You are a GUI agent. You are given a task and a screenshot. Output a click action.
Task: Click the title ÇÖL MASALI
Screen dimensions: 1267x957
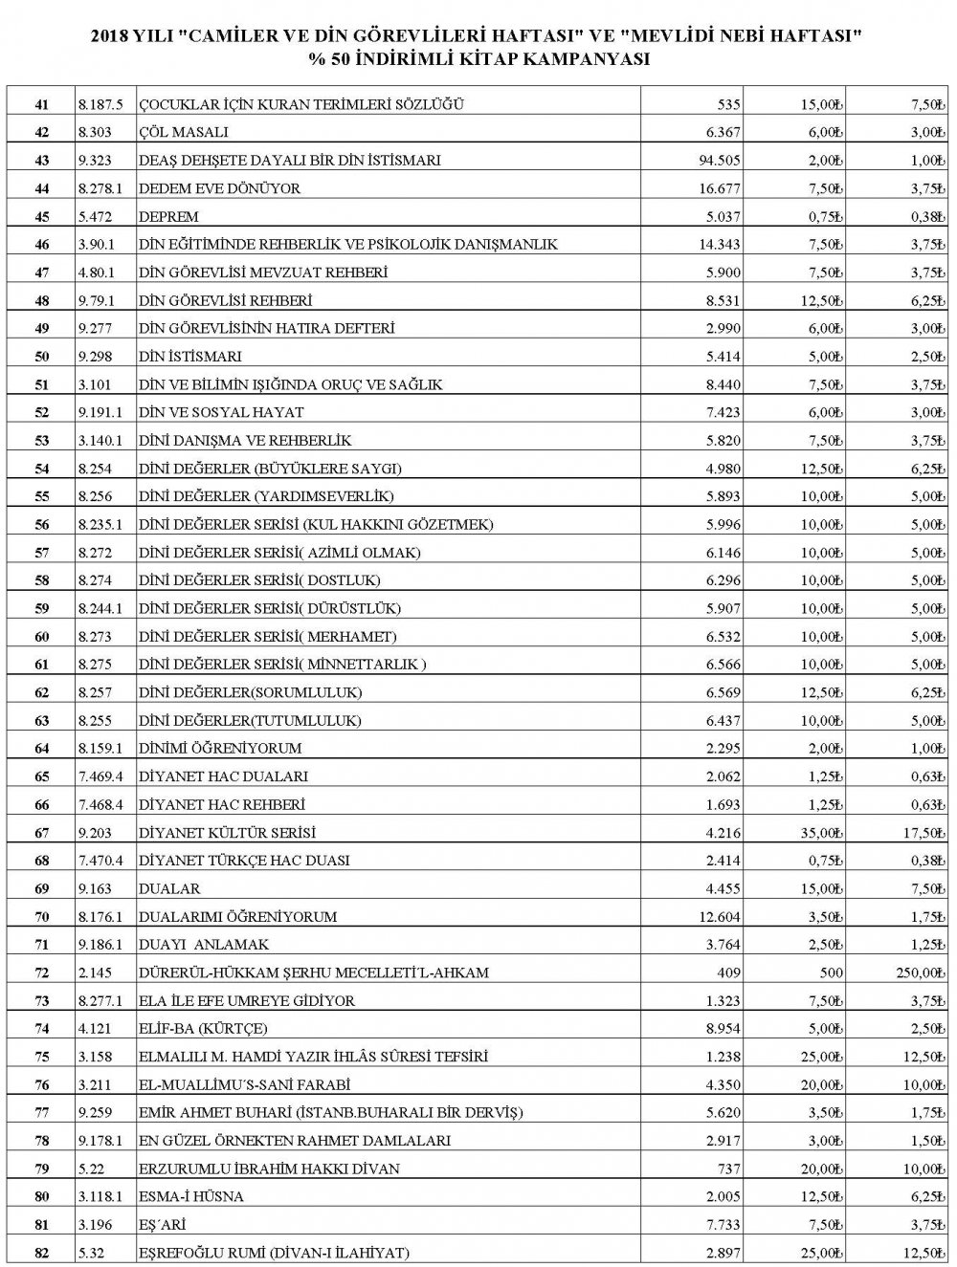pyautogui.click(x=184, y=132)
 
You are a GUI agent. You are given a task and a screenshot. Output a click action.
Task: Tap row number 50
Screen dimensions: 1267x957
pyautogui.click(x=41, y=356)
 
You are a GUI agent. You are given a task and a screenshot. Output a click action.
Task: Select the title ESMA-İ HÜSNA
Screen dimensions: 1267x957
pyautogui.click(x=191, y=1196)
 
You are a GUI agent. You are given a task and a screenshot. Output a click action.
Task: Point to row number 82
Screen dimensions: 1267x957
pyautogui.click(x=41, y=1253)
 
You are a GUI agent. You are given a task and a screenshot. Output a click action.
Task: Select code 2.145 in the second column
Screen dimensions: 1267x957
pyautogui.click(x=94, y=972)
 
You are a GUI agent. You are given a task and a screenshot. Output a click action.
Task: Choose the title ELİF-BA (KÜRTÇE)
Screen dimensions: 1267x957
pyautogui.click(x=203, y=1029)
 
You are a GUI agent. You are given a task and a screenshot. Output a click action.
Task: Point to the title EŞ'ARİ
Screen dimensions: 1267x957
pyautogui.click(x=164, y=1225)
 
